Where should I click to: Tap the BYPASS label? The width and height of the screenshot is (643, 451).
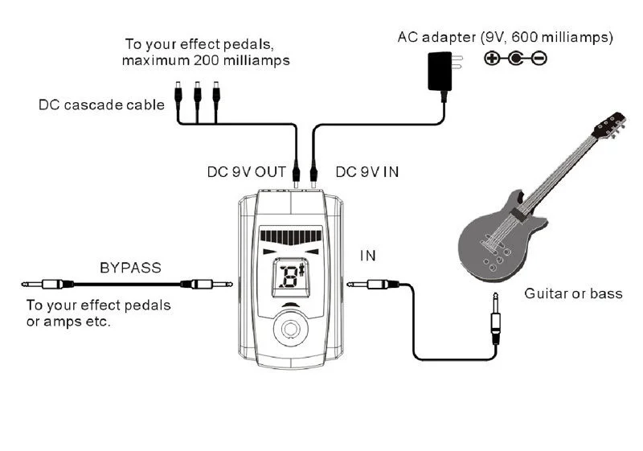131,266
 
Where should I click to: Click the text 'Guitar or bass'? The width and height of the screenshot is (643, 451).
573,293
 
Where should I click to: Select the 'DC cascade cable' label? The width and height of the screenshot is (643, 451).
101,105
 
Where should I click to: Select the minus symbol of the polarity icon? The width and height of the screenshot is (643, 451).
540,58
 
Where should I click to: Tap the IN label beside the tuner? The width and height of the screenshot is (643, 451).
367,256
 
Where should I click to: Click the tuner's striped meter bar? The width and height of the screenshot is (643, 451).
291,238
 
